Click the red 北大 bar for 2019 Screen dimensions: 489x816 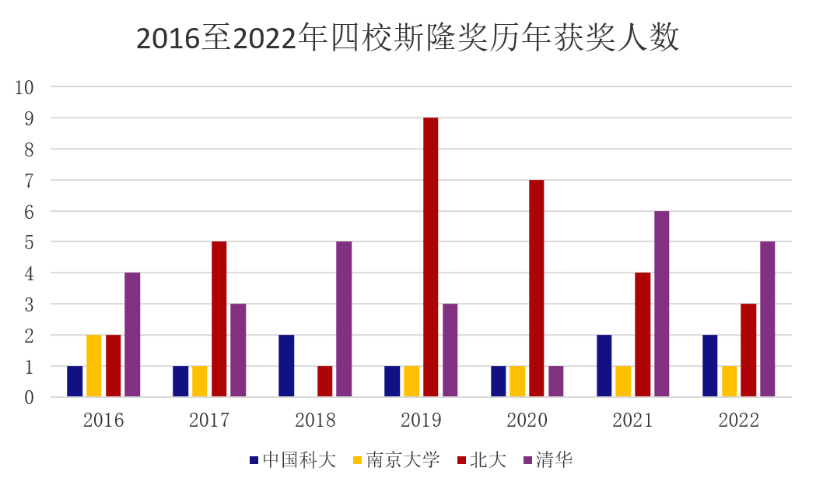[430, 257]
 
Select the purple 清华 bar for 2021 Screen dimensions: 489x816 [661, 304]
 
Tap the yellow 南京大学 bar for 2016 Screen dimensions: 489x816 [94, 366]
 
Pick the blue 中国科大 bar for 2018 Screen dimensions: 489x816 [286, 366]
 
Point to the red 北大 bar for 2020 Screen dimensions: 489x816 [536, 288]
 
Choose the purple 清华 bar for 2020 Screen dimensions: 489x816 [555, 382]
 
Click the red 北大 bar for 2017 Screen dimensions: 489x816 [219, 319]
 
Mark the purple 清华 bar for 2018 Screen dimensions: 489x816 [344, 319]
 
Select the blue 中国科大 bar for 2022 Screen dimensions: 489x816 [709, 366]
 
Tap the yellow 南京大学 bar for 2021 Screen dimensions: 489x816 [623, 382]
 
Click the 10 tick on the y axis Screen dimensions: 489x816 [25, 87]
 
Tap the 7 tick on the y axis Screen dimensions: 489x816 [29, 180]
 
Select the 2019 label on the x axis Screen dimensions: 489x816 [421, 421]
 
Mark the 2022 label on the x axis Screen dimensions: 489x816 [738, 421]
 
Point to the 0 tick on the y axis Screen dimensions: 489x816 [29, 397]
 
